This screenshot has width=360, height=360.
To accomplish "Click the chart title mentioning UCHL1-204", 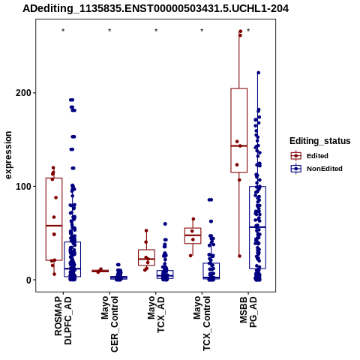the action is tap(155, 8).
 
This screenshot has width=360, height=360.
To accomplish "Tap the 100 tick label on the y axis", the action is tap(24, 187).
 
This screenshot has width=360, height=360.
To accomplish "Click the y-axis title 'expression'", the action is tap(8, 155).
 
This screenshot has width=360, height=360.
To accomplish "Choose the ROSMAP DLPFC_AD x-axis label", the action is tap(63, 321).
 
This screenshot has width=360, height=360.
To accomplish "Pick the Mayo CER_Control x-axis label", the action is tap(109, 324).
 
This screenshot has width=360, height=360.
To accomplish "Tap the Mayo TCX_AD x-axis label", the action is tap(156, 314).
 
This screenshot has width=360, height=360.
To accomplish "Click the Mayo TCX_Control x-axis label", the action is tap(202, 324).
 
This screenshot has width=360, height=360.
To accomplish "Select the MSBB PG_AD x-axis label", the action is tap(248, 312).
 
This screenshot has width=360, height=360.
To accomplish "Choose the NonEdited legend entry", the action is tap(316, 169).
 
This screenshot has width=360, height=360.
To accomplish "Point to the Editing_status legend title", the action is tap(320, 141).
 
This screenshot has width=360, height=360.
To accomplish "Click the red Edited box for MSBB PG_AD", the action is tap(239, 130).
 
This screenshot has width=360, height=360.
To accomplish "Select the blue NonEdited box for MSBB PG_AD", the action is tap(257, 227).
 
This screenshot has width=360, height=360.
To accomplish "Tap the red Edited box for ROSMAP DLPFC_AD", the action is tap(54, 219).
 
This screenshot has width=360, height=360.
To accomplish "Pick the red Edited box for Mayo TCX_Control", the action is tap(193, 235).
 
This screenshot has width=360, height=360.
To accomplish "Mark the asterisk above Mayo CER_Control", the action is tap(109, 31).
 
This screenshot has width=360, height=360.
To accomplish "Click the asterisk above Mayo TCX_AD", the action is tap(156, 31).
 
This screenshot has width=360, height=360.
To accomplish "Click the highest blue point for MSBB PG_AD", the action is tap(259, 73).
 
